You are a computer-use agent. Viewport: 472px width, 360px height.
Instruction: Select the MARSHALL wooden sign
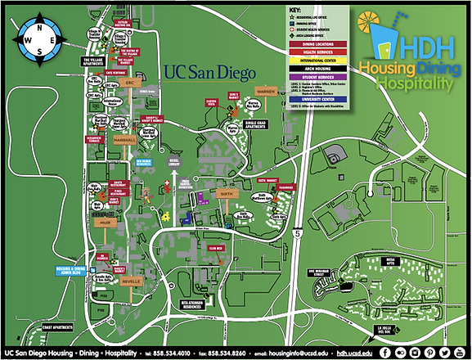(125, 140)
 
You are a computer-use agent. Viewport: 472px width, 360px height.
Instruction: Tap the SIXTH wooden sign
(226, 194)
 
